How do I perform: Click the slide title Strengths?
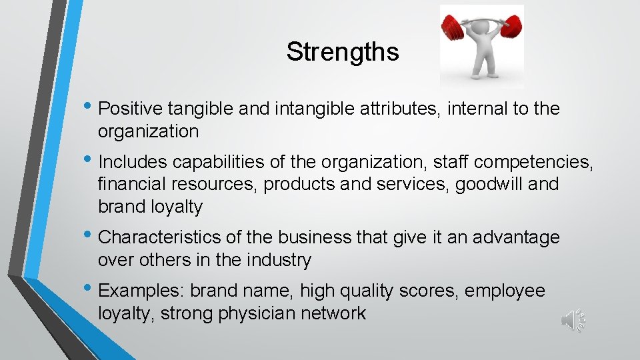(x=343, y=52)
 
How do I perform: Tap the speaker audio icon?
(x=573, y=321)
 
